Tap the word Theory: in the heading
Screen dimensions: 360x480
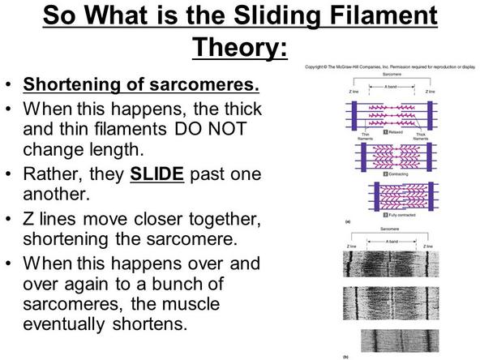(240, 48)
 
